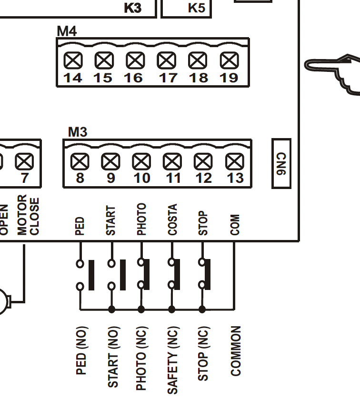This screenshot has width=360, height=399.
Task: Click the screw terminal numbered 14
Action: pyautogui.click(x=73, y=60)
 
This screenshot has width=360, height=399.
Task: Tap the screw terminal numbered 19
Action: pyautogui.click(x=230, y=60)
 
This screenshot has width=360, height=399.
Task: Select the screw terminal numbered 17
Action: pyautogui.click(x=167, y=60)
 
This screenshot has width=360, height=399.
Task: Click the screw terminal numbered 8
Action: pyautogui.click(x=80, y=162)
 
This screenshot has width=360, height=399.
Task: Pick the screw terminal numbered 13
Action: pyautogui.click(x=234, y=162)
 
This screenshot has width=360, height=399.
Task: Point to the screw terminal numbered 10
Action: pyautogui.click(x=141, y=162)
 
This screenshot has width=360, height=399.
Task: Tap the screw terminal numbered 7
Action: pyautogui.click(x=24, y=162)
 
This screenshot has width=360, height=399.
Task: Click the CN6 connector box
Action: pyautogui.click(x=281, y=163)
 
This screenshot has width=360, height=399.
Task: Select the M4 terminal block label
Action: pyautogui.click(x=67, y=31)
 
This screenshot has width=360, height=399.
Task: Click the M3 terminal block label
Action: pyautogui.click(x=78, y=132)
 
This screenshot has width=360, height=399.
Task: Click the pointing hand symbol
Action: pyautogui.click(x=333, y=74)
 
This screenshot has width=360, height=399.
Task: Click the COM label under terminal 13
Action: pyautogui.click(x=235, y=224)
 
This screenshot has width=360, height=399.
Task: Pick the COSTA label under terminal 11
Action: pyautogui.click(x=172, y=219)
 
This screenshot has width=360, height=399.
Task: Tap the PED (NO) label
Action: pyautogui.click(x=81, y=350)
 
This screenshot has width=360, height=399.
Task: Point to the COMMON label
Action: pyautogui.click(x=236, y=351)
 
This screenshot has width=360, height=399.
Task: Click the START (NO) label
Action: pyautogui.click(x=112, y=356)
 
